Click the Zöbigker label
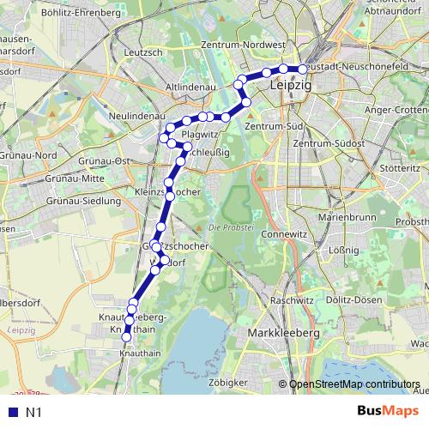coord(233,381)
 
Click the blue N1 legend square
coord(12,413)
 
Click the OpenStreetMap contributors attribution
coord(354,384)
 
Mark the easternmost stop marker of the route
coord(302,69)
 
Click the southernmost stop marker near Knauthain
coord(127,337)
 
